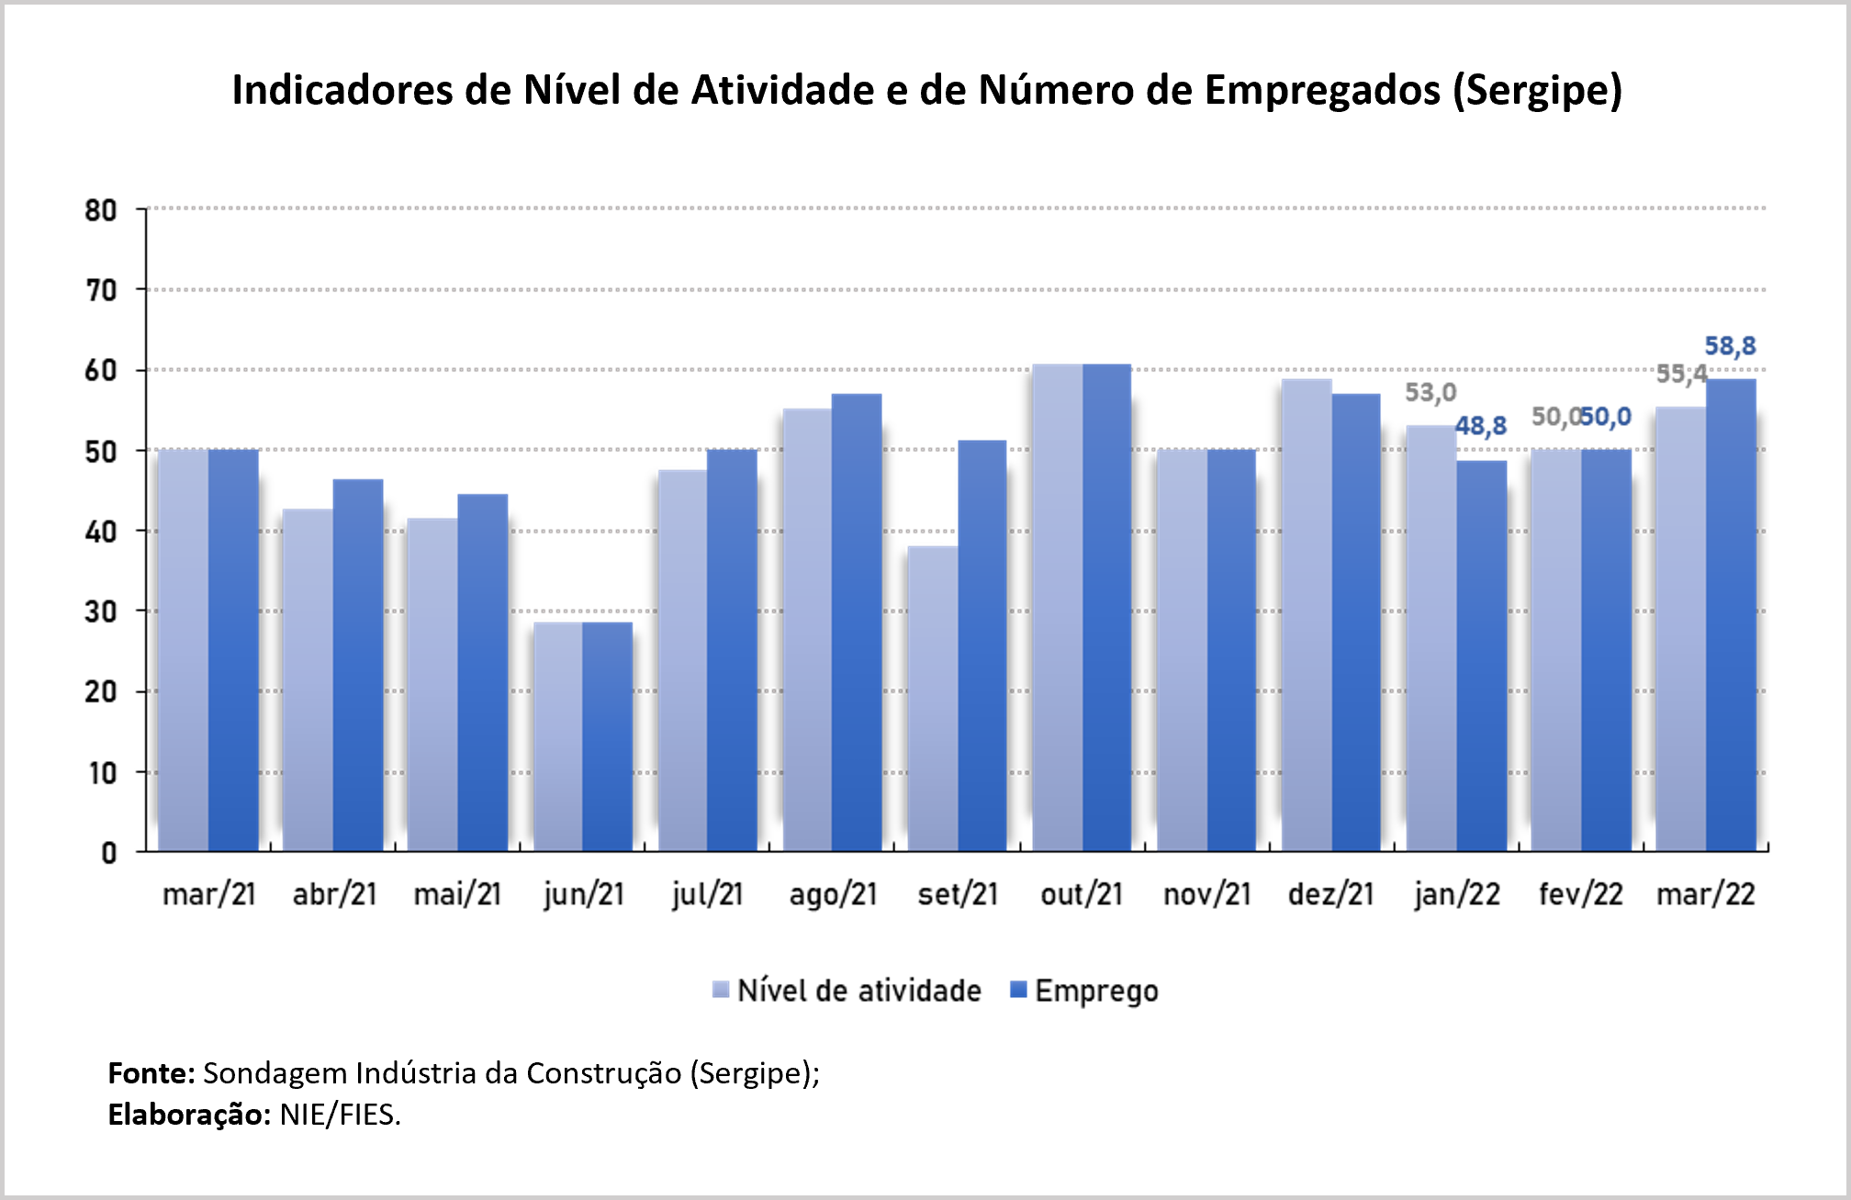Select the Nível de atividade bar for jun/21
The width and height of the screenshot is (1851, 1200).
[x=558, y=736]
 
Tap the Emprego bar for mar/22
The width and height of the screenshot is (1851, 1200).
[x=1731, y=615]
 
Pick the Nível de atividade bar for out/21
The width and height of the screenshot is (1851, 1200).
[x=1058, y=608]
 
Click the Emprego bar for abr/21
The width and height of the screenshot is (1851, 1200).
[x=358, y=665]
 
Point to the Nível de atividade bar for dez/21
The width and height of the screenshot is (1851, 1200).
[x=1307, y=615]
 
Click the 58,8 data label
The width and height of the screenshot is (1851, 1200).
[x=1730, y=346]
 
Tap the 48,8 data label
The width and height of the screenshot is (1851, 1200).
[x=1481, y=426]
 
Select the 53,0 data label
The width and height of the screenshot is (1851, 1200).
[x=1430, y=393]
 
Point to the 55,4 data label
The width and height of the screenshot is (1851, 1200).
[x=1681, y=374]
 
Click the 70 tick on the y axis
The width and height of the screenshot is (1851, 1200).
[x=101, y=291]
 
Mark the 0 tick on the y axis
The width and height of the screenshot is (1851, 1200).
[x=108, y=853]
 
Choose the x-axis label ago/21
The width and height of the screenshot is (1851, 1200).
[x=833, y=894]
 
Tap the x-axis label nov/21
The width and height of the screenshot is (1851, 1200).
[x=1207, y=894]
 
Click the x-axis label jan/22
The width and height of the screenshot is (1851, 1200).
[x=1457, y=894]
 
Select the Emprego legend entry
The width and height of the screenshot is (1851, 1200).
[x=1084, y=992]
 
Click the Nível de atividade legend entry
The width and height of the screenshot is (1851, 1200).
[x=847, y=992]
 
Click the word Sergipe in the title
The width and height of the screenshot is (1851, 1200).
[x=1538, y=91]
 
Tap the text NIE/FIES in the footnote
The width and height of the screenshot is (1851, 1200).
[x=340, y=1115]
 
